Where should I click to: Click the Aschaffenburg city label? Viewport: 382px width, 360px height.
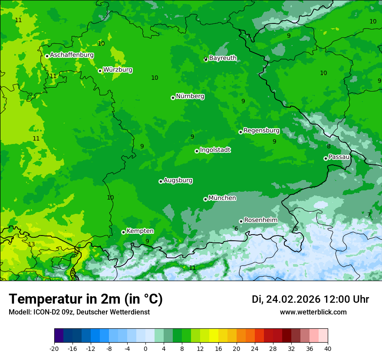pos(72,55)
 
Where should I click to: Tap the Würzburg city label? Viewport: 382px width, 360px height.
pos(118,70)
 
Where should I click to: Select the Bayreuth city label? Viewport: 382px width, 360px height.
pos(223,58)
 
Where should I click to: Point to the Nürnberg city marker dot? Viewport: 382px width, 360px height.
pos(173,98)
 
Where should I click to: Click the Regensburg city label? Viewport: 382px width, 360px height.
pos(261,131)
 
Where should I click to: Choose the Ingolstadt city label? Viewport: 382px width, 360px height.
pos(215,150)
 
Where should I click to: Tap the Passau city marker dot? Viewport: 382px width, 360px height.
pos(326,158)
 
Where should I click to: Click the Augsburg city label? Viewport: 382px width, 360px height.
pos(178,180)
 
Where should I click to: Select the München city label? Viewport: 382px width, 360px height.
pos(222,198)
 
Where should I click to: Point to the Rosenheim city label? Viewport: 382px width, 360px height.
pos(260,220)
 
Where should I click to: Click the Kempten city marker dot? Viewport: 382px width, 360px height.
pos(123,232)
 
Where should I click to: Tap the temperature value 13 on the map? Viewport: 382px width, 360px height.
pos(31,244)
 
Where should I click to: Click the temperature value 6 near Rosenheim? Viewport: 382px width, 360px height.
pos(236,229)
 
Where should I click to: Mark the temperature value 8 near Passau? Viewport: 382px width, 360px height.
pos(329,147)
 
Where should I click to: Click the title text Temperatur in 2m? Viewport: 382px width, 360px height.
pos(86,299)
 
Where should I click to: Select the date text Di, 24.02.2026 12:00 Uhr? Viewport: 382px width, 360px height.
pos(310,299)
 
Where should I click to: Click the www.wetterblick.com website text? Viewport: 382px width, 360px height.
pos(313,312)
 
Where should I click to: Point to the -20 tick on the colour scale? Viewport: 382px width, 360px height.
pos(54,348)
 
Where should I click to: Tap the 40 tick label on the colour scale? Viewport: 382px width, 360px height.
pos(328,348)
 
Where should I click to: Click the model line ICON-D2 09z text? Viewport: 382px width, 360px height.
pos(79,312)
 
